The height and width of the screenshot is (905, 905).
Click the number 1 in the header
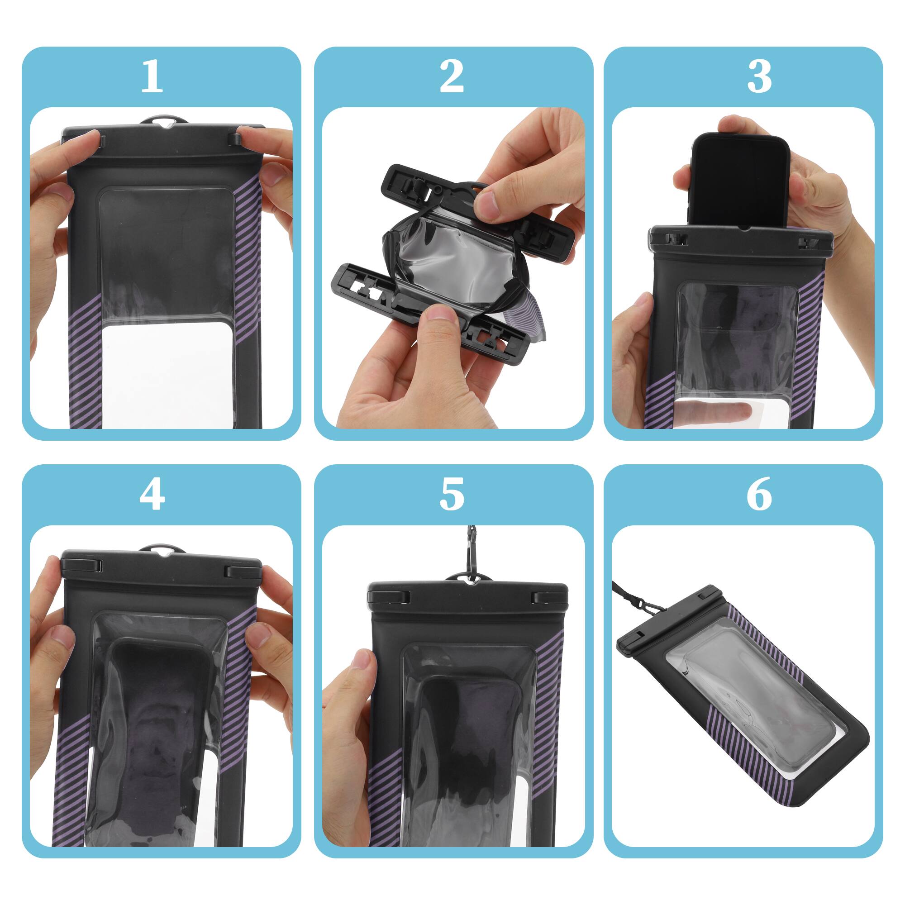pyautogui.click(x=152, y=76)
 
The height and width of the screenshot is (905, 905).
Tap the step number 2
pyautogui.click(x=452, y=76)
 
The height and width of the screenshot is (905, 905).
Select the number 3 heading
pyautogui.click(x=759, y=76)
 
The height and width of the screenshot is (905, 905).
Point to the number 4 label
pyautogui.click(x=152, y=495)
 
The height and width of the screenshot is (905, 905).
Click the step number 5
pyautogui.click(x=452, y=495)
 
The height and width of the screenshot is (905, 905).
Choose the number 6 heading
pyautogui.click(x=759, y=495)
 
